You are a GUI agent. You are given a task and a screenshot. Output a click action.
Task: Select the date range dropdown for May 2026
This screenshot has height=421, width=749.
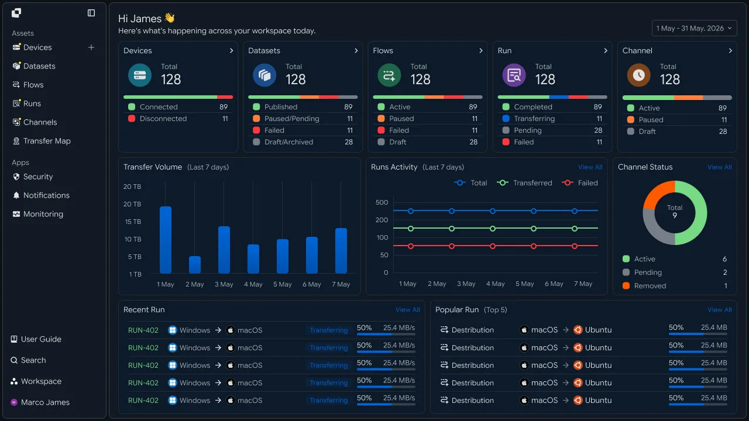(x=694, y=29)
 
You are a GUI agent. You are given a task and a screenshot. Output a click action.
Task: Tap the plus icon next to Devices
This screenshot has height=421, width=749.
(x=91, y=47)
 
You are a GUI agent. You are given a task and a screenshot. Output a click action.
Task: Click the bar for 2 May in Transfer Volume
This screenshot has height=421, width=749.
(x=195, y=265)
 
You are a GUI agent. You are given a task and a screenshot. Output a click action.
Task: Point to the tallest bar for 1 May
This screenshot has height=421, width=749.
(x=166, y=240)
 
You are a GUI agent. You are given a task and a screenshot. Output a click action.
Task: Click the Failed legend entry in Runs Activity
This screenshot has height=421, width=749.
(x=580, y=183)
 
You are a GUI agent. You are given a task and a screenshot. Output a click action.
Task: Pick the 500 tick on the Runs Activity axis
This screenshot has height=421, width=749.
(x=382, y=202)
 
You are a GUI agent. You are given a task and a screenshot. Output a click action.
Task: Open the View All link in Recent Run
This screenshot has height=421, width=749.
(x=408, y=310)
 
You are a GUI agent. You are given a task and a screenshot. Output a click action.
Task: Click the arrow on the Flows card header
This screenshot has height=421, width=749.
(x=481, y=51)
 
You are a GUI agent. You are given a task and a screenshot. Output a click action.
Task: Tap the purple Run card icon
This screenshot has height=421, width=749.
(x=514, y=75)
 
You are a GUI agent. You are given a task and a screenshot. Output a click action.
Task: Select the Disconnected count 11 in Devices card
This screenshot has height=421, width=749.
(x=225, y=119)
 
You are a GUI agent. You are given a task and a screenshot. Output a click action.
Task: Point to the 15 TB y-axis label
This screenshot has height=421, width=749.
(x=133, y=222)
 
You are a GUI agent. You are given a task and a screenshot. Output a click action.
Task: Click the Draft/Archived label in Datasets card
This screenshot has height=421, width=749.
(x=288, y=142)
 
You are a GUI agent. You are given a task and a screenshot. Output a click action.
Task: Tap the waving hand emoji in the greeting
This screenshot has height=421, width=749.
(x=170, y=18)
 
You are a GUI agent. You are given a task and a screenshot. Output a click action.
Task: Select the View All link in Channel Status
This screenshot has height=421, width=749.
(x=719, y=167)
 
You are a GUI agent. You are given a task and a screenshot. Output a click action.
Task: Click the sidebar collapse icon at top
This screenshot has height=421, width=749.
(x=91, y=13)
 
